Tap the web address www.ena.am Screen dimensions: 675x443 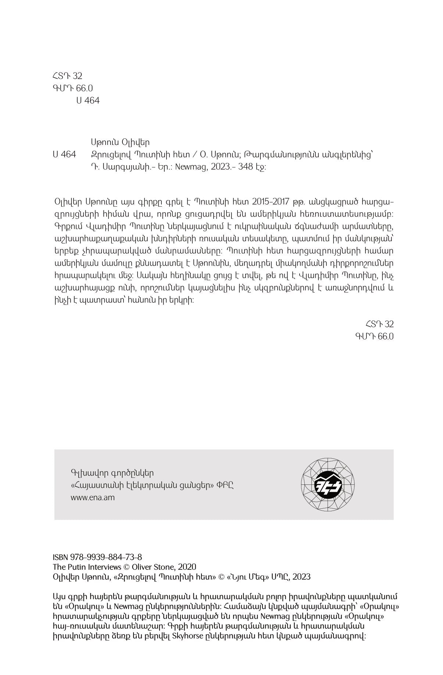click(92, 498)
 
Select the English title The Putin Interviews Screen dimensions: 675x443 click(87, 567)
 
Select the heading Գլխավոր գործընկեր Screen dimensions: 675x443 click(112, 473)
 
